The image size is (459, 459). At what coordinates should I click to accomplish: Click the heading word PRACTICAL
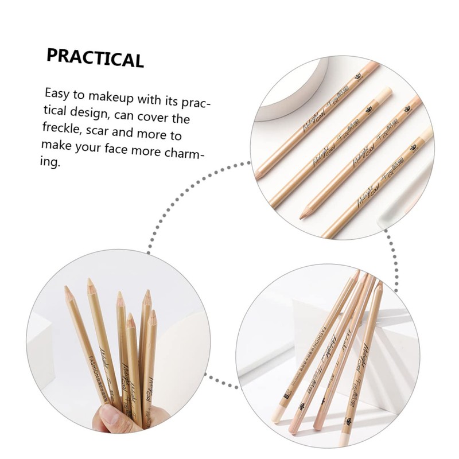coord(95,58)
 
